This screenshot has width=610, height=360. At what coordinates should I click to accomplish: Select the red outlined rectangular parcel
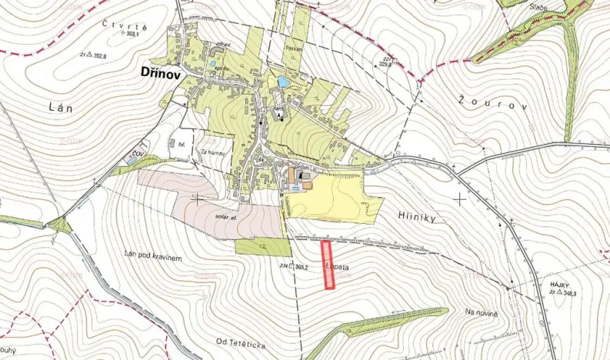pyautogui.click(x=328, y=265)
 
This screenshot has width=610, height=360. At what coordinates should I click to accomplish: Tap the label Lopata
pyautogui.click(x=338, y=266)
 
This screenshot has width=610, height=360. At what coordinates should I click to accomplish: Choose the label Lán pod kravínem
pyautogui.click(x=152, y=257)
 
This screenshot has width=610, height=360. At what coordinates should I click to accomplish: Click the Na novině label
pyautogui.click(x=482, y=312)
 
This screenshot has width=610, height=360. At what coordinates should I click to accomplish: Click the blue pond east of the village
pyautogui.click(x=283, y=81)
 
